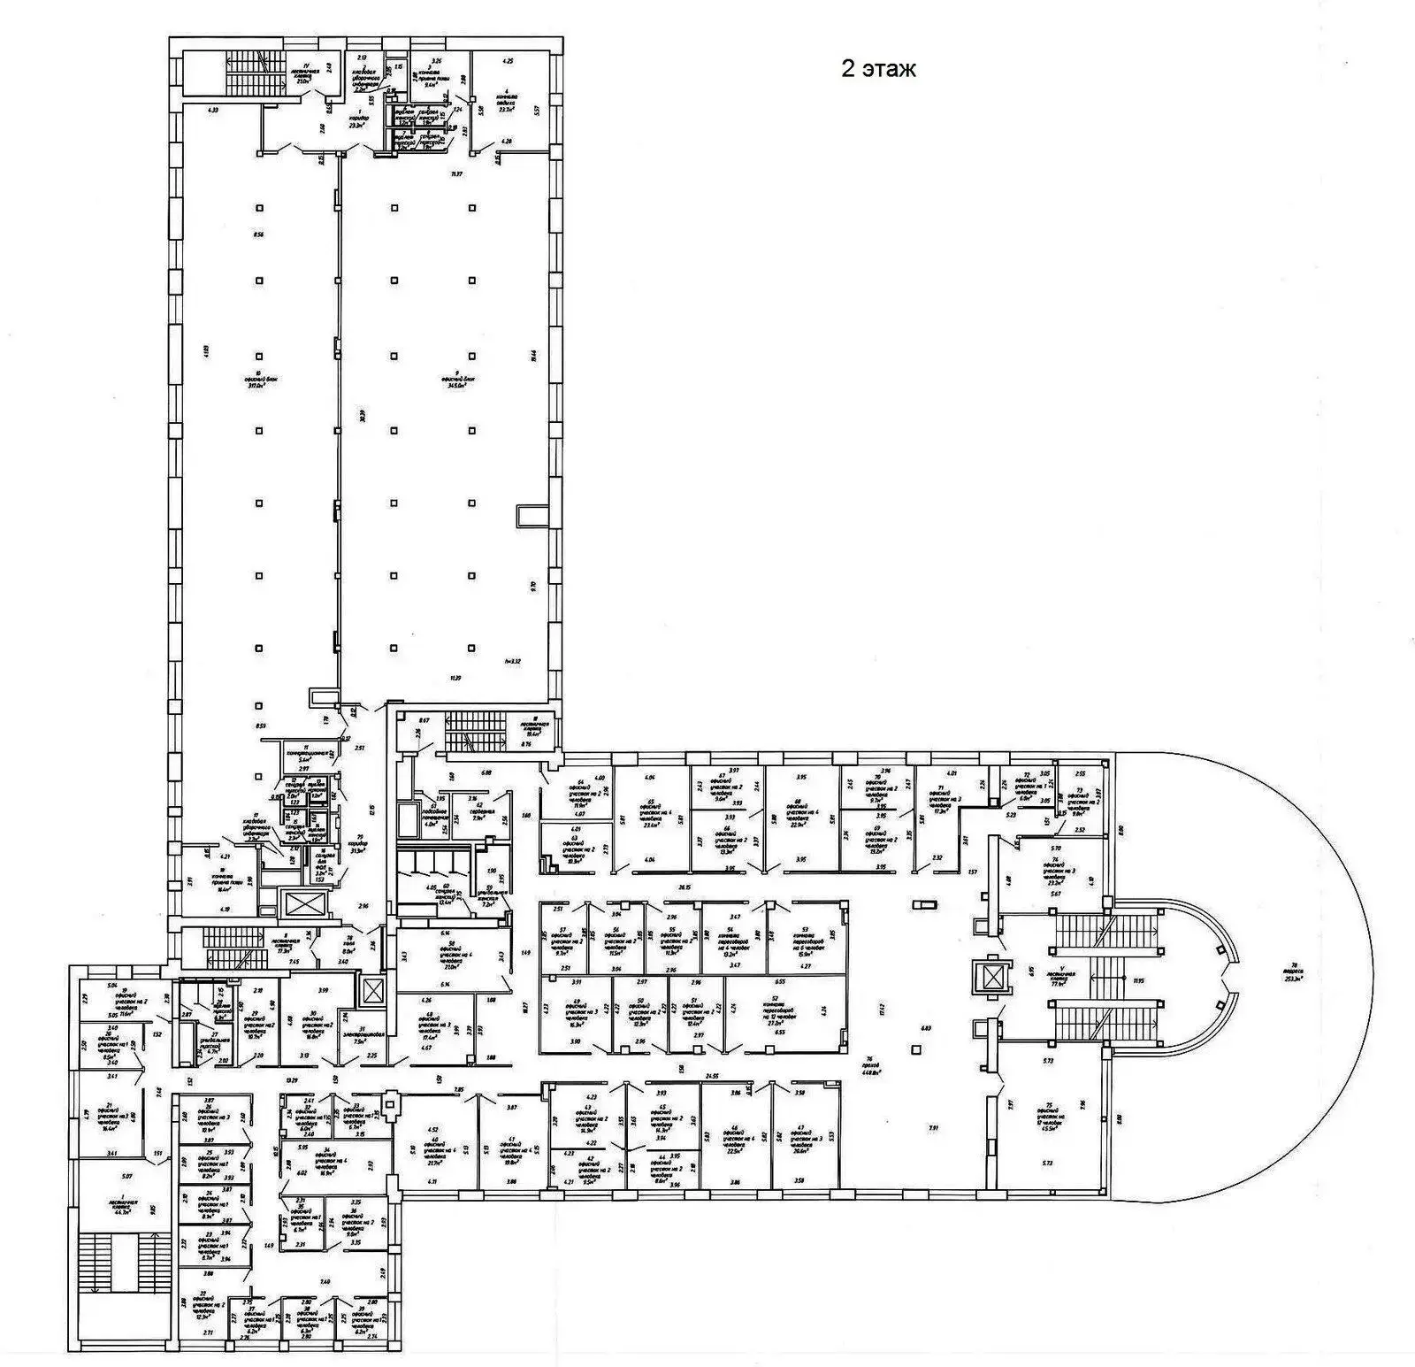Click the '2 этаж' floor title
pyautogui.click(x=877, y=70)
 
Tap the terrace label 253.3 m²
pyautogui.click(x=1296, y=971)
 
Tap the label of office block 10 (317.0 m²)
pyautogui.click(x=261, y=382)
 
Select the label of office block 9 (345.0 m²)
pyautogui.click(x=461, y=382)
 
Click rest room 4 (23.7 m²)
pyautogui.click(x=507, y=99)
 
